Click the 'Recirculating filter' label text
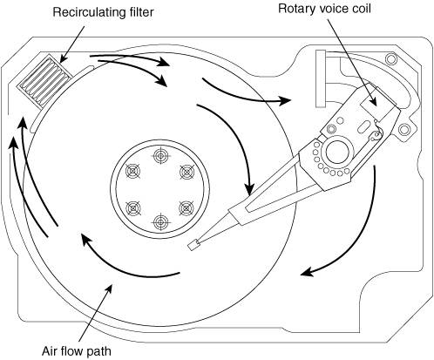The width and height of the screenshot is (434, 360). [103, 12]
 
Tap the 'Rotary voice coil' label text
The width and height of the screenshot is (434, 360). [324, 9]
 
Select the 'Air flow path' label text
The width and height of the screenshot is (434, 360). [77, 351]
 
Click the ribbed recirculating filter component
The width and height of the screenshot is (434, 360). [44, 81]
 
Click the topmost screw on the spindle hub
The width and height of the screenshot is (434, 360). [160, 155]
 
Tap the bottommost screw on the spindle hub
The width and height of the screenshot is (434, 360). [160, 222]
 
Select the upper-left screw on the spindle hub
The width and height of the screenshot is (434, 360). [132, 171]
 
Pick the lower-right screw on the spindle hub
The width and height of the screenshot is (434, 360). [186, 207]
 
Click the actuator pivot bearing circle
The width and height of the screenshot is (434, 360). [337, 152]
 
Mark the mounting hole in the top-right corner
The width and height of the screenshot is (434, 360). [391, 58]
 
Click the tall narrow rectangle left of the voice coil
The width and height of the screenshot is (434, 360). [321, 78]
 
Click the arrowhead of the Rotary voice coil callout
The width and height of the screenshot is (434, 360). [373, 101]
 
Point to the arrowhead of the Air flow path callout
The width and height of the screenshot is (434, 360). [109, 286]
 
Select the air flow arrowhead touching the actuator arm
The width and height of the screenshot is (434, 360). [249, 189]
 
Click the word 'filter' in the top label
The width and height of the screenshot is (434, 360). [141, 12]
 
